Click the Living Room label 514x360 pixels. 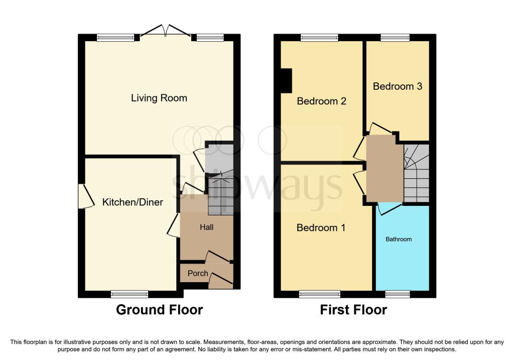[159, 98]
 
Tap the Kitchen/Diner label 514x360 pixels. [133, 202]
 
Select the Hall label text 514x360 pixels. [206, 227]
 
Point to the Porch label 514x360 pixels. [198, 273]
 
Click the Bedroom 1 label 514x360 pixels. [321, 227]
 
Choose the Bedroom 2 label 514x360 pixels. [322, 101]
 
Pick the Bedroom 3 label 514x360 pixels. [398, 86]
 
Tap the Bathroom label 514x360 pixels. [399, 239]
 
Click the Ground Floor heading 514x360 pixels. [159, 310]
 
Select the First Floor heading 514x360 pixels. [353, 310]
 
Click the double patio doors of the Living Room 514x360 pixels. [165, 31]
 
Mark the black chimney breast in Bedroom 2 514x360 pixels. [286, 80]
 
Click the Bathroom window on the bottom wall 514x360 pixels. [398, 294]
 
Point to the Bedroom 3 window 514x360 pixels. [395, 38]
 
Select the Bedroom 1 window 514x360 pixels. [320, 294]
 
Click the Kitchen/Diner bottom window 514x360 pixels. [130, 294]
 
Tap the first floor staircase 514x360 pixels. [416, 173]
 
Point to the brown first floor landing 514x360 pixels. [384, 169]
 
